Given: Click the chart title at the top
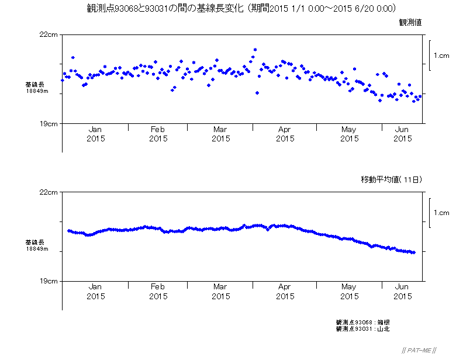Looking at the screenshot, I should (x=241, y=8).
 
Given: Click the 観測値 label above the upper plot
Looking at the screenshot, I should (x=410, y=22).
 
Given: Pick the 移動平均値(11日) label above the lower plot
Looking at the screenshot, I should (x=391, y=179).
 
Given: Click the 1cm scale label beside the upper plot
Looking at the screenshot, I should (x=441, y=56).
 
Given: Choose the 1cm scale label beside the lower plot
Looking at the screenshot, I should (x=441, y=213).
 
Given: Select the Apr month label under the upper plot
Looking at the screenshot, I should (x=285, y=130).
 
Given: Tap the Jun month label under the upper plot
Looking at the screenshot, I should (x=402, y=130).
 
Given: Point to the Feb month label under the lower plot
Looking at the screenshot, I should (x=158, y=287).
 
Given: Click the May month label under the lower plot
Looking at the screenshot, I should (x=348, y=287).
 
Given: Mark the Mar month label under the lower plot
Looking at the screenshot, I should (x=220, y=287).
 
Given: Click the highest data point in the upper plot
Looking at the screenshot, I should (x=255, y=50).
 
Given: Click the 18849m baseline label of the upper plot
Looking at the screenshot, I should (x=36, y=91).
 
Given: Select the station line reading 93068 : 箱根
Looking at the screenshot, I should (x=362, y=323).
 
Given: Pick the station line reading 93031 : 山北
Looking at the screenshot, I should (x=362, y=329).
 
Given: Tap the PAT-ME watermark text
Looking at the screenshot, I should (x=416, y=350).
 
